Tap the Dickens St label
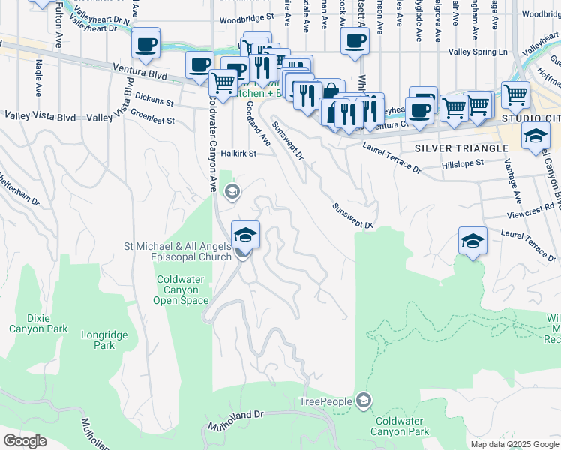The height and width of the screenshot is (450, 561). (154, 101)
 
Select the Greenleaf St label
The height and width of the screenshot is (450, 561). (152, 119)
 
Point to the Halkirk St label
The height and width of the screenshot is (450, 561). (239, 154)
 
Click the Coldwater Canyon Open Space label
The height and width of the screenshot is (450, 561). (182, 289)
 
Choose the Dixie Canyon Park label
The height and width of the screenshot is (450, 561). (38, 322)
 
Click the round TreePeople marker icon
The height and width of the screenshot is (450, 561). (364, 400)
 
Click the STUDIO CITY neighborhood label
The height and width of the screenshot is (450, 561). (531, 118)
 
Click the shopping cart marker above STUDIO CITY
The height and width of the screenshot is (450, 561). (515, 94)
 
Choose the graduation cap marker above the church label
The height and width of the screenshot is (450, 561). (245, 235)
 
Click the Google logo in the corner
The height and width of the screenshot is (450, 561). (25, 441)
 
